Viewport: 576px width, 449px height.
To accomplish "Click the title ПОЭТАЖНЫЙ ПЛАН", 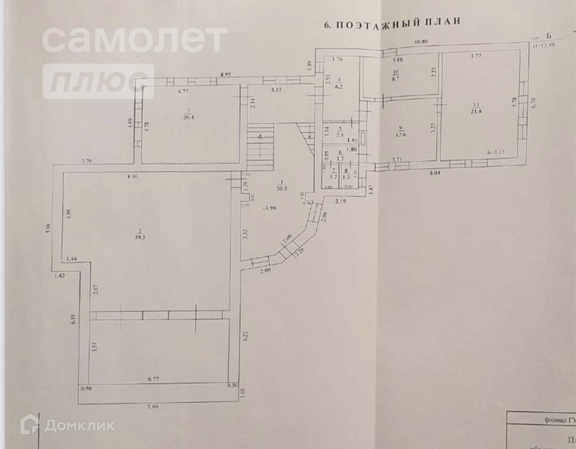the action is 392,23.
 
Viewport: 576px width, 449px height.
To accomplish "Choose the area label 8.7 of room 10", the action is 395,78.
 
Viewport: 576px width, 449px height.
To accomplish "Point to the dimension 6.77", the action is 154,379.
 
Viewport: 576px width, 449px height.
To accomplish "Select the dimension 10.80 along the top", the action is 422,42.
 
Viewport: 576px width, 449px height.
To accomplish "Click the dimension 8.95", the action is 226,74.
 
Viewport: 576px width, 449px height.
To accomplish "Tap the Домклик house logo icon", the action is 30,424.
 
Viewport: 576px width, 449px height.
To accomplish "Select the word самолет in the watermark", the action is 134,39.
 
